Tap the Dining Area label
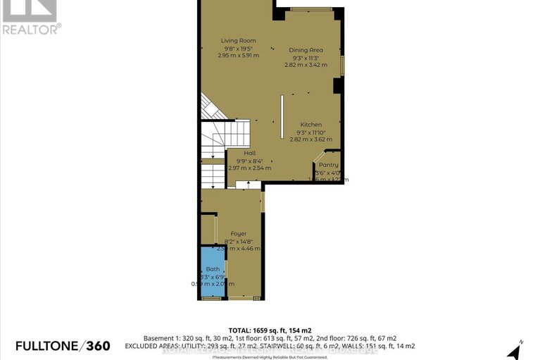click(306, 50)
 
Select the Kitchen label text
click(310, 125)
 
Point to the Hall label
click(250, 153)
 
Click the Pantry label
click(328, 165)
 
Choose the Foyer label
click(238, 233)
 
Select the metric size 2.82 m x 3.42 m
click(306, 65)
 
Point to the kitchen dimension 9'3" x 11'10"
click(310, 132)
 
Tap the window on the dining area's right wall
click(343, 66)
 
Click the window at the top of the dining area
click(310, 9)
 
